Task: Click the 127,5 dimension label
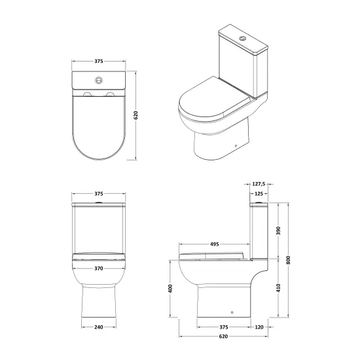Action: (259, 184)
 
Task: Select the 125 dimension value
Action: (259, 194)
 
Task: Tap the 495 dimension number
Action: (215, 244)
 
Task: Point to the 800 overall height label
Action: (289, 260)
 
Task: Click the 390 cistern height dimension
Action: (278, 230)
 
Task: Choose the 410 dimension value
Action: (278, 288)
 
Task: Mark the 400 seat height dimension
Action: (170, 289)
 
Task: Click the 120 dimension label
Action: (259, 327)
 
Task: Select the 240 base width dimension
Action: (99, 327)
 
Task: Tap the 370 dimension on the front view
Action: (99, 268)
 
